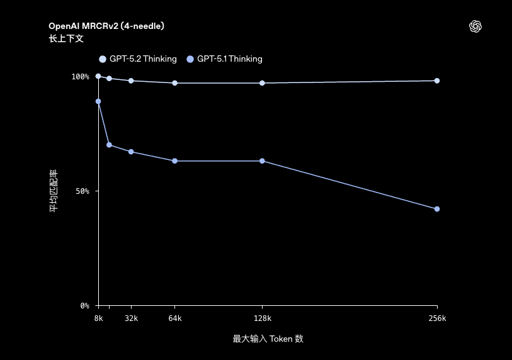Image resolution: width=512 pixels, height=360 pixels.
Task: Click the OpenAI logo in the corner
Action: pyautogui.click(x=475, y=26)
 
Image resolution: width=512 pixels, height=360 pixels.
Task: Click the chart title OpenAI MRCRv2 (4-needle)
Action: pyautogui.click(x=106, y=26)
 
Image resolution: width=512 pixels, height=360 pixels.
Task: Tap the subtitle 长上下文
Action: pyautogui.click(x=66, y=38)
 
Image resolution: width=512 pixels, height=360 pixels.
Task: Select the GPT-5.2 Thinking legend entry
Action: pyautogui.click(x=138, y=59)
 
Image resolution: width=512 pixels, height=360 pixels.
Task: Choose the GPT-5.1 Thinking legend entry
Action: pyautogui.click(x=225, y=59)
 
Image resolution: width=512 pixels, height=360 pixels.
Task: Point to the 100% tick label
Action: pyautogui.click(x=81, y=77)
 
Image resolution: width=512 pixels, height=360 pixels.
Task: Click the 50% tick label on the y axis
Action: pyautogui.click(x=82, y=191)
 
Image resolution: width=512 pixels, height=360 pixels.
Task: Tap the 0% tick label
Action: pyautogui.click(x=85, y=306)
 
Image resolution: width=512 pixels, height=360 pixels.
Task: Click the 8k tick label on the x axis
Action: pyautogui.click(x=98, y=319)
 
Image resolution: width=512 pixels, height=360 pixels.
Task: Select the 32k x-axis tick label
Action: pyautogui.click(x=131, y=319)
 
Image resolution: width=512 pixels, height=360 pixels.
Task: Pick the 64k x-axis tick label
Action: pyautogui.click(x=175, y=319)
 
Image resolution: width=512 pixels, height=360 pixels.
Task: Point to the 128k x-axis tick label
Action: pyautogui.click(x=262, y=319)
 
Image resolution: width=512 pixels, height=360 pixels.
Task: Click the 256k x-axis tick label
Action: pyautogui.click(x=437, y=319)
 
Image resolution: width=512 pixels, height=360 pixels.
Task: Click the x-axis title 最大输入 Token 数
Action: pyautogui.click(x=268, y=339)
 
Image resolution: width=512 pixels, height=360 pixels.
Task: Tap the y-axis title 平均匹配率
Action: pyautogui.click(x=54, y=191)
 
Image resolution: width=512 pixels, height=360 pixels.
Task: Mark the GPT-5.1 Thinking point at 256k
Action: pyautogui.click(x=437, y=209)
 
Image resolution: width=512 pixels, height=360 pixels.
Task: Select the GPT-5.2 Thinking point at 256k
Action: pyautogui.click(x=437, y=81)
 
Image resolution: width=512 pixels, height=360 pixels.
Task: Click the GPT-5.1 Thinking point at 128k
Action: pyautogui.click(x=262, y=161)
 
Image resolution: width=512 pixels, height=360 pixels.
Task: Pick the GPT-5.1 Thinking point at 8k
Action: pyautogui.click(x=98, y=101)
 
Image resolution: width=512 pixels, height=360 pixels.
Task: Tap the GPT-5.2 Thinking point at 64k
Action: pyautogui.click(x=175, y=83)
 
